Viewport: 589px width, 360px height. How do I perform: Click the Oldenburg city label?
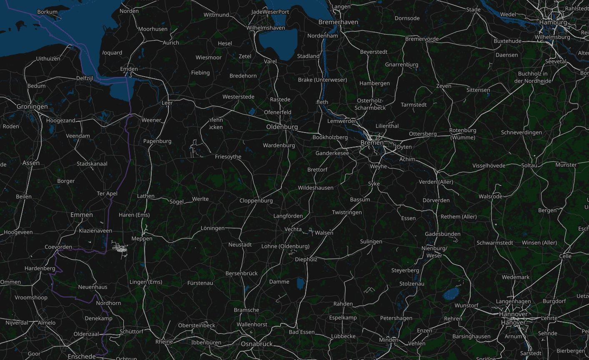282,127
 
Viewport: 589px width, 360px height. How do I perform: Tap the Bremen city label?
372,142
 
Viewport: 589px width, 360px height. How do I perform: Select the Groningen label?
32,107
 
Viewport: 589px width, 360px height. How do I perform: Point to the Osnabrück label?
257,344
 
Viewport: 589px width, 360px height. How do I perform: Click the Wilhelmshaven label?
266,28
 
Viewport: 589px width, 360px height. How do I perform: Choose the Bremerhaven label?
338,22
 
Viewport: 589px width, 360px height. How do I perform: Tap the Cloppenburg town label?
256,200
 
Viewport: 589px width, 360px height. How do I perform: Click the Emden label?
129,69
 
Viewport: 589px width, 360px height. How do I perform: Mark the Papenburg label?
157,141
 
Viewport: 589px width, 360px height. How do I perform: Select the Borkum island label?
48,12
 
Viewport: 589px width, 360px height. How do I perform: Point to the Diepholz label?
306,259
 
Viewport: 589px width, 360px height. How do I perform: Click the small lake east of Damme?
301,284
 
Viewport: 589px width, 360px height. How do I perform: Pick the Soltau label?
529,165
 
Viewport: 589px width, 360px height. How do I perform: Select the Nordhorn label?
108,303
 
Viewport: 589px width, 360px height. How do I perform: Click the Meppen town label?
142,239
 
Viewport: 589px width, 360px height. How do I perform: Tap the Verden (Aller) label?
436,182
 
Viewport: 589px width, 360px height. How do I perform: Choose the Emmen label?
82,215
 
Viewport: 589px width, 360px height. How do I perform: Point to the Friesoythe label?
228,157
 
